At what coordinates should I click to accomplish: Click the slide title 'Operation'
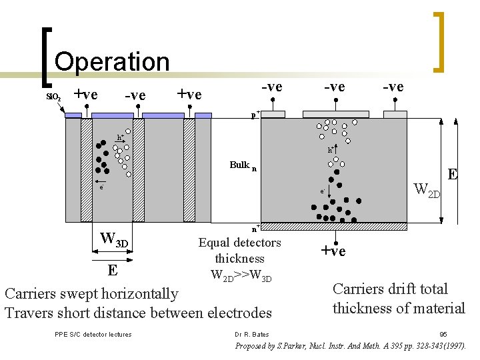tap(112, 61)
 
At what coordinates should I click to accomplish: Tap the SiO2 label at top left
tap(53, 97)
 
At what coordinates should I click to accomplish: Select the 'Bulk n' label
tap(243, 165)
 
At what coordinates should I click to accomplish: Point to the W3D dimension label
tap(113, 238)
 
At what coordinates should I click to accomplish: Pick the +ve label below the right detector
tap(333, 251)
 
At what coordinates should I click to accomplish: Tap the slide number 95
tap(443, 334)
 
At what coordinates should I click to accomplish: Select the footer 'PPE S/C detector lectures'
tap(93, 334)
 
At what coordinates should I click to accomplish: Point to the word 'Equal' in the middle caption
tap(213, 243)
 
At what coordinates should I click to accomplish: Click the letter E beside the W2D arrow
tap(453, 175)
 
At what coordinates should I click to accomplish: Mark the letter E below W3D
tap(113, 271)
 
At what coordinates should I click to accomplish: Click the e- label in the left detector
tap(101, 187)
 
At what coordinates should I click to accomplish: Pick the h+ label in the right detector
tap(331, 150)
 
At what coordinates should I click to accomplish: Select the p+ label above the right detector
tap(255, 115)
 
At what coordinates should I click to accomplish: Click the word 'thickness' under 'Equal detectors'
tap(239, 259)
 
